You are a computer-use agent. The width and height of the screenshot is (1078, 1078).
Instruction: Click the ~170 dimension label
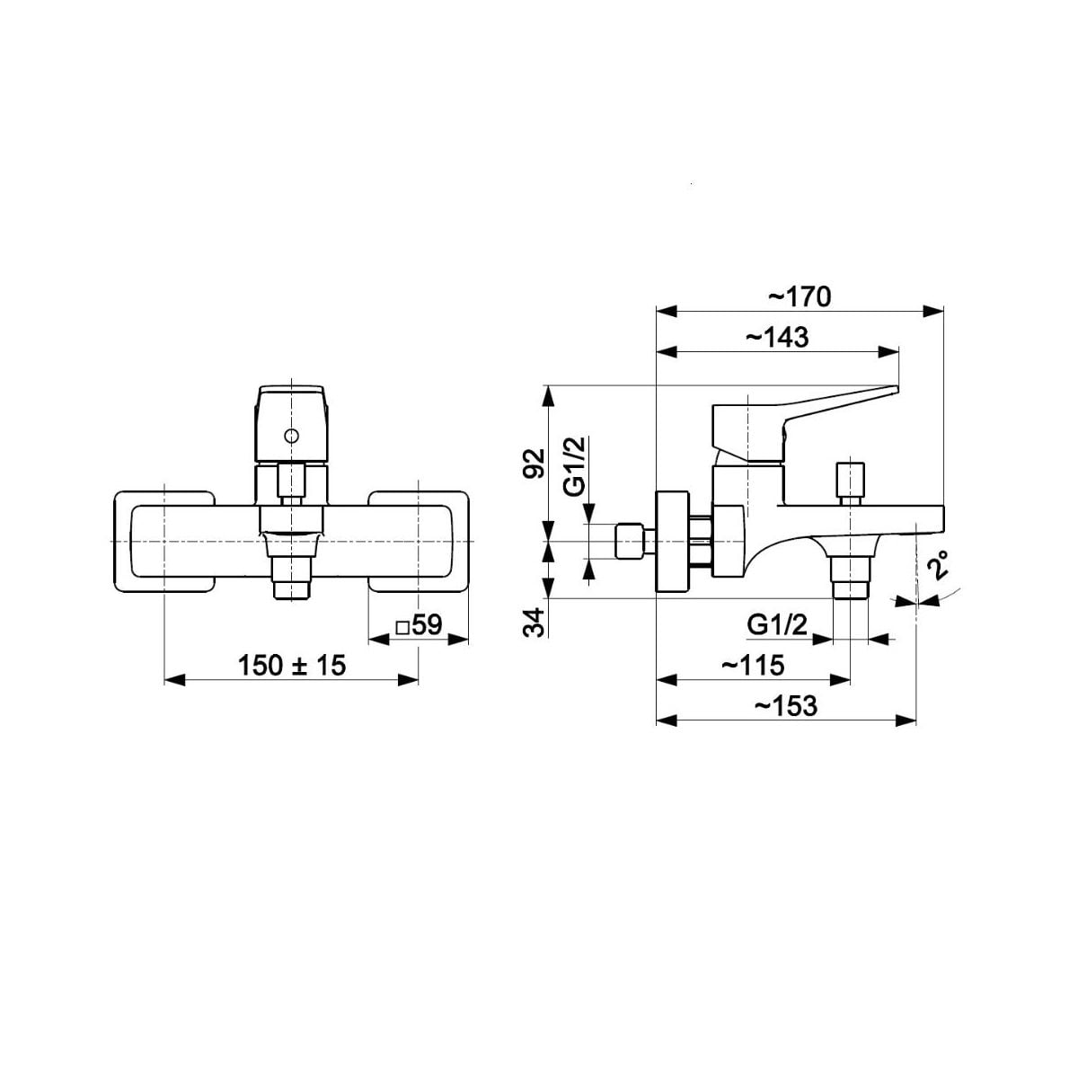(800, 297)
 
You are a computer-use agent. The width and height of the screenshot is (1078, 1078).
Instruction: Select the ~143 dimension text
(777, 338)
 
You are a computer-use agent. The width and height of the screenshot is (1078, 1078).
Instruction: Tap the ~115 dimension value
(753, 665)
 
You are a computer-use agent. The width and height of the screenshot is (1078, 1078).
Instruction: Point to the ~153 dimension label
(785, 706)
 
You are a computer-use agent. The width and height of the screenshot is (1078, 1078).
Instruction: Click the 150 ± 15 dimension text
(292, 665)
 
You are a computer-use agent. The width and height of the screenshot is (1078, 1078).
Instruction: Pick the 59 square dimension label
(419, 625)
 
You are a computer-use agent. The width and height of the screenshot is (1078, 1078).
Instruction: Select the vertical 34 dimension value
(534, 622)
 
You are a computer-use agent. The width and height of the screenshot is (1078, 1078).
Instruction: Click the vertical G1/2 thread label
(575, 466)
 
